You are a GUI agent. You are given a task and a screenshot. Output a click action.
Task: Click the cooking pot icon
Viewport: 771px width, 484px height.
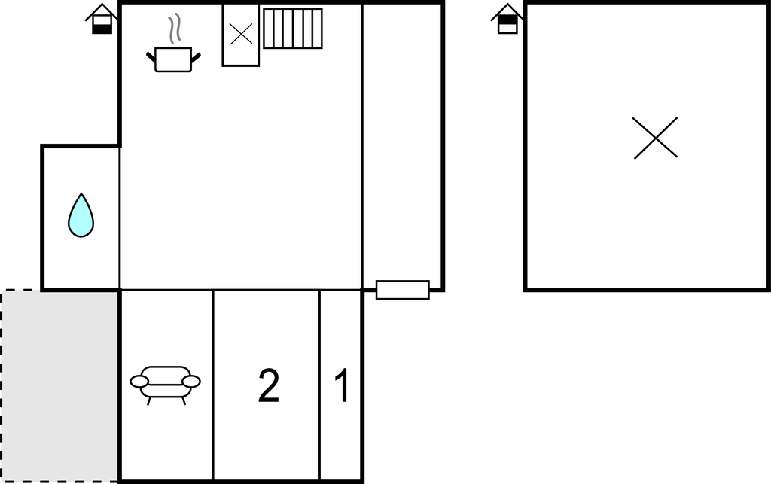tap(173, 59)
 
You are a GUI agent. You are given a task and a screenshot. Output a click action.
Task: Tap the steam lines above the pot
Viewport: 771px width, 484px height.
tap(175, 29)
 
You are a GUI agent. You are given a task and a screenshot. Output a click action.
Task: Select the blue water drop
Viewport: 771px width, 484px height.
tap(81, 216)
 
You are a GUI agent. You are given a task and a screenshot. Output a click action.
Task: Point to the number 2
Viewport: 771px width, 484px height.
tap(269, 386)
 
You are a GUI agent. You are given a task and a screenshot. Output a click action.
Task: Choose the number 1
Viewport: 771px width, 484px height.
tap(342, 386)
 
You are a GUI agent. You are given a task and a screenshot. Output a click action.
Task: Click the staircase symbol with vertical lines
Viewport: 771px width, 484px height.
tap(293, 29)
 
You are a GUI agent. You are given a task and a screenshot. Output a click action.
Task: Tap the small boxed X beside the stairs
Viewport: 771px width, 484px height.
tap(241, 34)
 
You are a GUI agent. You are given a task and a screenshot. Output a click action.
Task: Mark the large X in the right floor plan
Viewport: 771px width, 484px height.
tap(655, 138)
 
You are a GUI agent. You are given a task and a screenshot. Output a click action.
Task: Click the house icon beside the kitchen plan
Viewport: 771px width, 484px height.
tap(102, 20)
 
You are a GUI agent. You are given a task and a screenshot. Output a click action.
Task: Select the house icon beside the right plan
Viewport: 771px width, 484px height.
tap(507, 20)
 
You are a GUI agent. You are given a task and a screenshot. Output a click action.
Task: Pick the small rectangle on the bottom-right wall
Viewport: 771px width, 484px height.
tap(403, 290)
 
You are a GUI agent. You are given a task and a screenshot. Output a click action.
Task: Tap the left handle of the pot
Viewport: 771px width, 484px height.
tap(151, 56)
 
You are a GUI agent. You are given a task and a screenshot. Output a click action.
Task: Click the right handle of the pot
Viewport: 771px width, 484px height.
tap(196, 56)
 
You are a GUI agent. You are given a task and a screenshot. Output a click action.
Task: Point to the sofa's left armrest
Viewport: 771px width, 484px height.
tap(140, 382)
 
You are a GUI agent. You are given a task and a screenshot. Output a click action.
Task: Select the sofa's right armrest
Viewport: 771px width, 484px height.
tap(191, 382)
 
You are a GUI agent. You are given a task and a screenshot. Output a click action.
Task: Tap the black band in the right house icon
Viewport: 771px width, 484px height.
tap(507, 20)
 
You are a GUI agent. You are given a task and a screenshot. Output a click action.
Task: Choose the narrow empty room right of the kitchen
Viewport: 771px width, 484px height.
tap(403, 143)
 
